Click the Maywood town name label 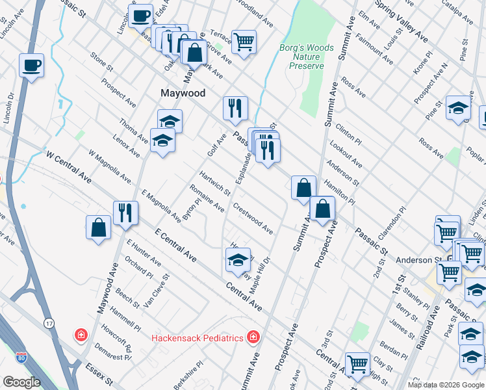(x=183, y=93)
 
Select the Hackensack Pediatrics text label (x=197, y=338)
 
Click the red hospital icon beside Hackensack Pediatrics (x=252, y=337)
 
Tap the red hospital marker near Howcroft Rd (x=81, y=335)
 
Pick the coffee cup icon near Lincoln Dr (x=31, y=66)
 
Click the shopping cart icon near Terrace (x=244, y=42)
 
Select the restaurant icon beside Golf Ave (x=235, y=107)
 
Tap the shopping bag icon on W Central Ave (x=98, y=227)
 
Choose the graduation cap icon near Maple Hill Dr (x=238, y=261)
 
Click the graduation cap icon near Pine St (x=458, y=107)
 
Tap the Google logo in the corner (x=22, y=382)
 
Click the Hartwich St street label (x=214, y=183)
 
